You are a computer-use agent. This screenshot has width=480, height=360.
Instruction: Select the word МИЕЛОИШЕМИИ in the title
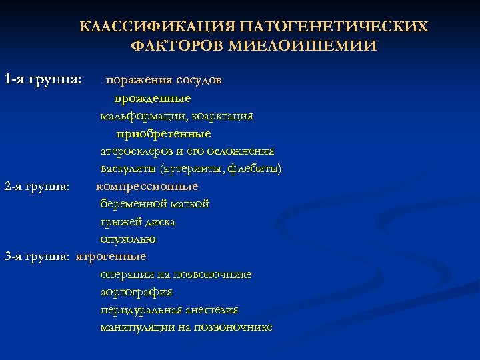pyautogui.click(x=302, y=47)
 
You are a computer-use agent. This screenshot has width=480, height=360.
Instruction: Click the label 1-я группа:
pyautogui.click(x=43, y=79)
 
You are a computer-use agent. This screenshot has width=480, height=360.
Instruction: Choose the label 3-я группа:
pyautogui.click(x=37, y=256)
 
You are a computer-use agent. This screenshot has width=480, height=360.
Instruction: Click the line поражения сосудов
pyautogui.click(x=164, y=80)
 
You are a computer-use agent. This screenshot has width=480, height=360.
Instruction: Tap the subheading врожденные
pyautogui.click(x=153, y=98)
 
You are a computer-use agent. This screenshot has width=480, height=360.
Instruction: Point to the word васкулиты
pyautogui.click(x=129, y=168)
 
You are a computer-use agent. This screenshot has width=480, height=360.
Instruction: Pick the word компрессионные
pyautogui.click(x=147, y=186)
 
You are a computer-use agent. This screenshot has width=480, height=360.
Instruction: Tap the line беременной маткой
pyautogui.click(x=155, y=203)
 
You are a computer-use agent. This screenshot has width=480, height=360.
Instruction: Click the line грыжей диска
pyautogui.click(x=138, y=221)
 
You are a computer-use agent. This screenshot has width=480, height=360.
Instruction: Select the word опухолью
pyautogui.click(x=128, y=239)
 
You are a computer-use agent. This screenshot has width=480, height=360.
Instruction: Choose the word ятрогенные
pyautogui.click(x=111, y=256)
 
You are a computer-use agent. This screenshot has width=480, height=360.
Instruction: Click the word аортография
pyautogui.click(x=136, y=292)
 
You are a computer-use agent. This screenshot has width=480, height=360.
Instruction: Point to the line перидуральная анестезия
pyautogui.click(x=169, y=310)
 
